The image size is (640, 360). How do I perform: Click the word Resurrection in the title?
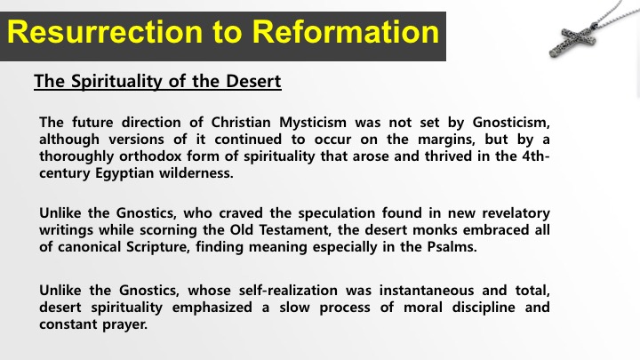[105, 32]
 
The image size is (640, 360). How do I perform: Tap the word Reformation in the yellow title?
[345, 32]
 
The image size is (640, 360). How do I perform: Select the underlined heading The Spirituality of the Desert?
[157, 81]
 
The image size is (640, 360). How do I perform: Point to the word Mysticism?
[313, 123]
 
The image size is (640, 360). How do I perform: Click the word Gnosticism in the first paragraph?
[511, 122]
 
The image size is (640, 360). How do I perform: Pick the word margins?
[446, 140]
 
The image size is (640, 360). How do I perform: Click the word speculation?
[336, 213]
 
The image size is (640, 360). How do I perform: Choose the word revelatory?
[516, 213]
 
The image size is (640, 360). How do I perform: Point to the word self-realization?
[288, 291]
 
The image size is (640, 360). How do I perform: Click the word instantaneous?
[426, 291]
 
